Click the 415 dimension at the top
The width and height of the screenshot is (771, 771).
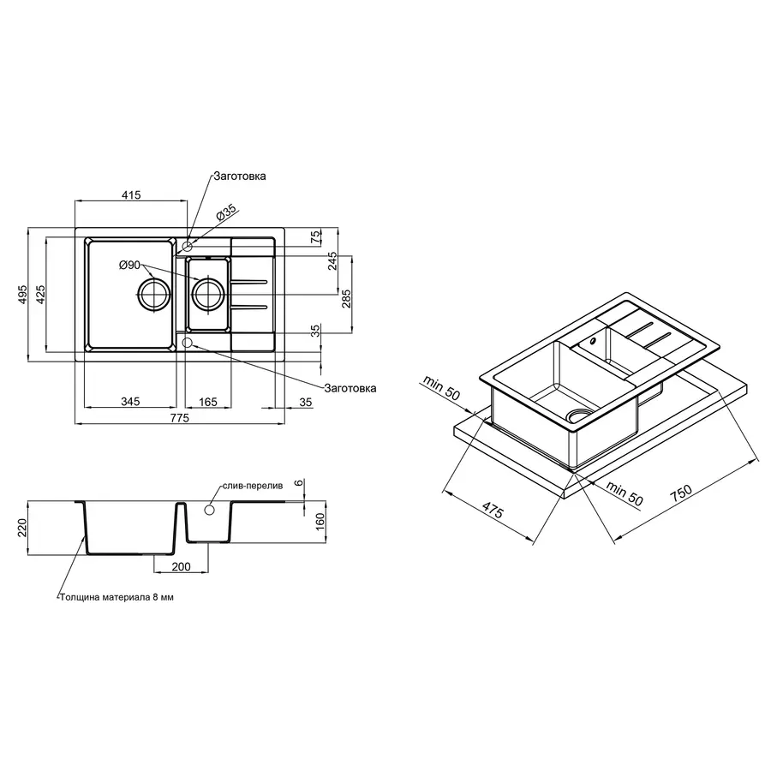[131, 194]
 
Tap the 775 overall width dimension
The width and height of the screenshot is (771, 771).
[180, 418]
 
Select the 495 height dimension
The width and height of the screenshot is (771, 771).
[22, 294]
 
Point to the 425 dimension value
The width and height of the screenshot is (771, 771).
[40, 294]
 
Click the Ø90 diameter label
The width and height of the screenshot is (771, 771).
[130, 265]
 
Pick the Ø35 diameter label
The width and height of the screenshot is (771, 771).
[227, 212]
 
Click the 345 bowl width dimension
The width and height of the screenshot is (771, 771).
[130, 402]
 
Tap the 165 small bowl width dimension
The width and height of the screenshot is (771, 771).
[208, 403]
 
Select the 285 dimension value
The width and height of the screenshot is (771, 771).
[346, 299]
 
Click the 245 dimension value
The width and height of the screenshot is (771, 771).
[333, 261]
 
